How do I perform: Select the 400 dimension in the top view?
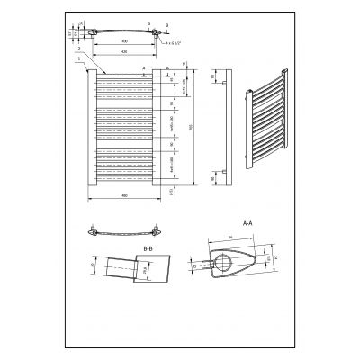[125, 40]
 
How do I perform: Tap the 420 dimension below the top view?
[125, 51]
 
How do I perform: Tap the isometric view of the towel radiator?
[267, 126]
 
